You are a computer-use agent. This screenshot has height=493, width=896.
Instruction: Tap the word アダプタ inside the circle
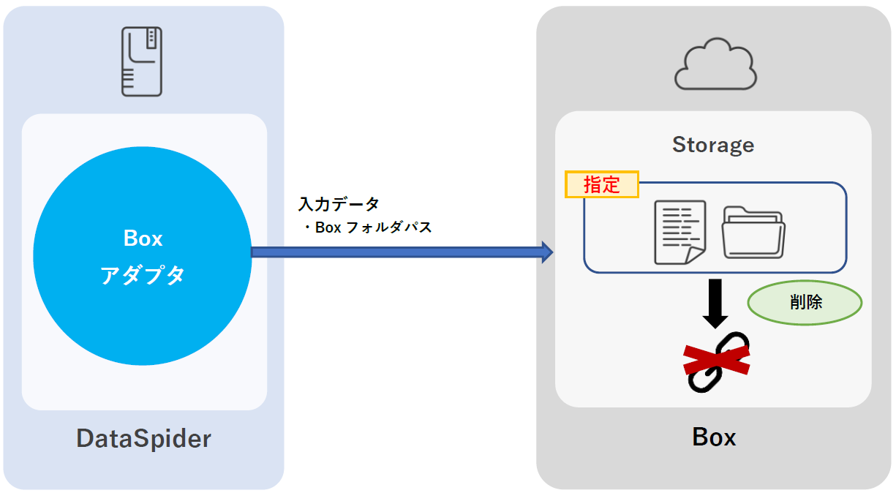(x=142, y=275)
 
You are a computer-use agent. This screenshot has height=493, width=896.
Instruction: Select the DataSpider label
(x=143, y=438)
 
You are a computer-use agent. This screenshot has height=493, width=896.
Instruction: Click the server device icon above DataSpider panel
(x=142, y=61)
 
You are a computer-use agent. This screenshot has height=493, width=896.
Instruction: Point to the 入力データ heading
(x=339, y=204)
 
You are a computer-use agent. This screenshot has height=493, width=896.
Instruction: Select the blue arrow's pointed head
(x=546, y=252)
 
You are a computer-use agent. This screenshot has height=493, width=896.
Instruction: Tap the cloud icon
(x=715, y=65)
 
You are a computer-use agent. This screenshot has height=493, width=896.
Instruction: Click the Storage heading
(x=713, y=145)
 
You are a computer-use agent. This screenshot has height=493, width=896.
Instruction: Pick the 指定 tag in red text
(x=602, y=184)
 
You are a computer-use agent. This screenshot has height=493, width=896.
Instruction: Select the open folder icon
(x=753, y=232)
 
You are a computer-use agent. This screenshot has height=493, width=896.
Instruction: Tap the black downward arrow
(x=715, y=302)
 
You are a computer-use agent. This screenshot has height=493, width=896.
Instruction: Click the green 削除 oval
(x=805, y=301)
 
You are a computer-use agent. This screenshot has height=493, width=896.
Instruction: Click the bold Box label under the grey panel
(x=714, y=437)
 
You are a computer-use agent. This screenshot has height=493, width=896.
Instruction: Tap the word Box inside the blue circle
(x=143, y=238)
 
